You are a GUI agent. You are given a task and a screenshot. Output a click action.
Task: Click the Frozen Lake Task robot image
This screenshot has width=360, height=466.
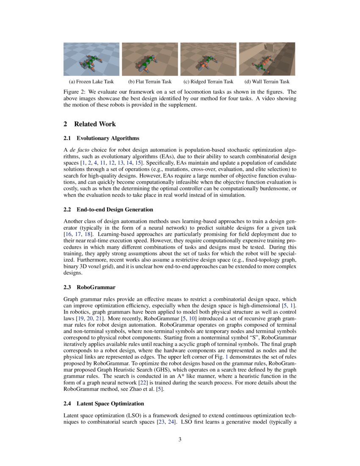(x=91, y=59)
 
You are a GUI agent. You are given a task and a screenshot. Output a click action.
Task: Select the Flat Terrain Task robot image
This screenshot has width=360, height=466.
(x=150, y=59)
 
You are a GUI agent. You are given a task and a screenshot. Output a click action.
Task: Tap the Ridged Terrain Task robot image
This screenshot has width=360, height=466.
(x=208, y=59)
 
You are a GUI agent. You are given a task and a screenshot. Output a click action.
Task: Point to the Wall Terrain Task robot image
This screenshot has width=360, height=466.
(x=267, y=59)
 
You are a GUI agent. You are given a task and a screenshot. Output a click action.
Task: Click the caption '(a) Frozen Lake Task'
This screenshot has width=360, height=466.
(x=91, y=82)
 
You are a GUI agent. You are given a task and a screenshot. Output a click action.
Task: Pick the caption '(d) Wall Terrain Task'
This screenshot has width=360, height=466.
(x=267, y=82)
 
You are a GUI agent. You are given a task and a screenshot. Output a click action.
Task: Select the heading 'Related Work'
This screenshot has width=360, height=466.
(x=95, y=124)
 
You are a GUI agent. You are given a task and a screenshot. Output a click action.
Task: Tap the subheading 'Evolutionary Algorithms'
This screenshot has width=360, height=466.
(x=108, y=138)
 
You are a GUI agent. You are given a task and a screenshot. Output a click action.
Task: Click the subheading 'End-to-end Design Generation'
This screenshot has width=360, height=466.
(x=115, y=210)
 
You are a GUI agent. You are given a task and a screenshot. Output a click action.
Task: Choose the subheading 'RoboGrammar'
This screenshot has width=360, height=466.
(x=96, y=287)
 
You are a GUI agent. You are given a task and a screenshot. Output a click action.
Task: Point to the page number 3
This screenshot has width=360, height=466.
(x=180, y=439)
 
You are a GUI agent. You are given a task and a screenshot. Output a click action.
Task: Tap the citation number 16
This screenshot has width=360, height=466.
(x=68, y=234)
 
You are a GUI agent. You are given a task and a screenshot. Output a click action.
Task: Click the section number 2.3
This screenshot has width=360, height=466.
(x=68, y=287)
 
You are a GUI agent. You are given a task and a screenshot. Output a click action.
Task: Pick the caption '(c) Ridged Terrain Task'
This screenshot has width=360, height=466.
(x=208, y=82)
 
